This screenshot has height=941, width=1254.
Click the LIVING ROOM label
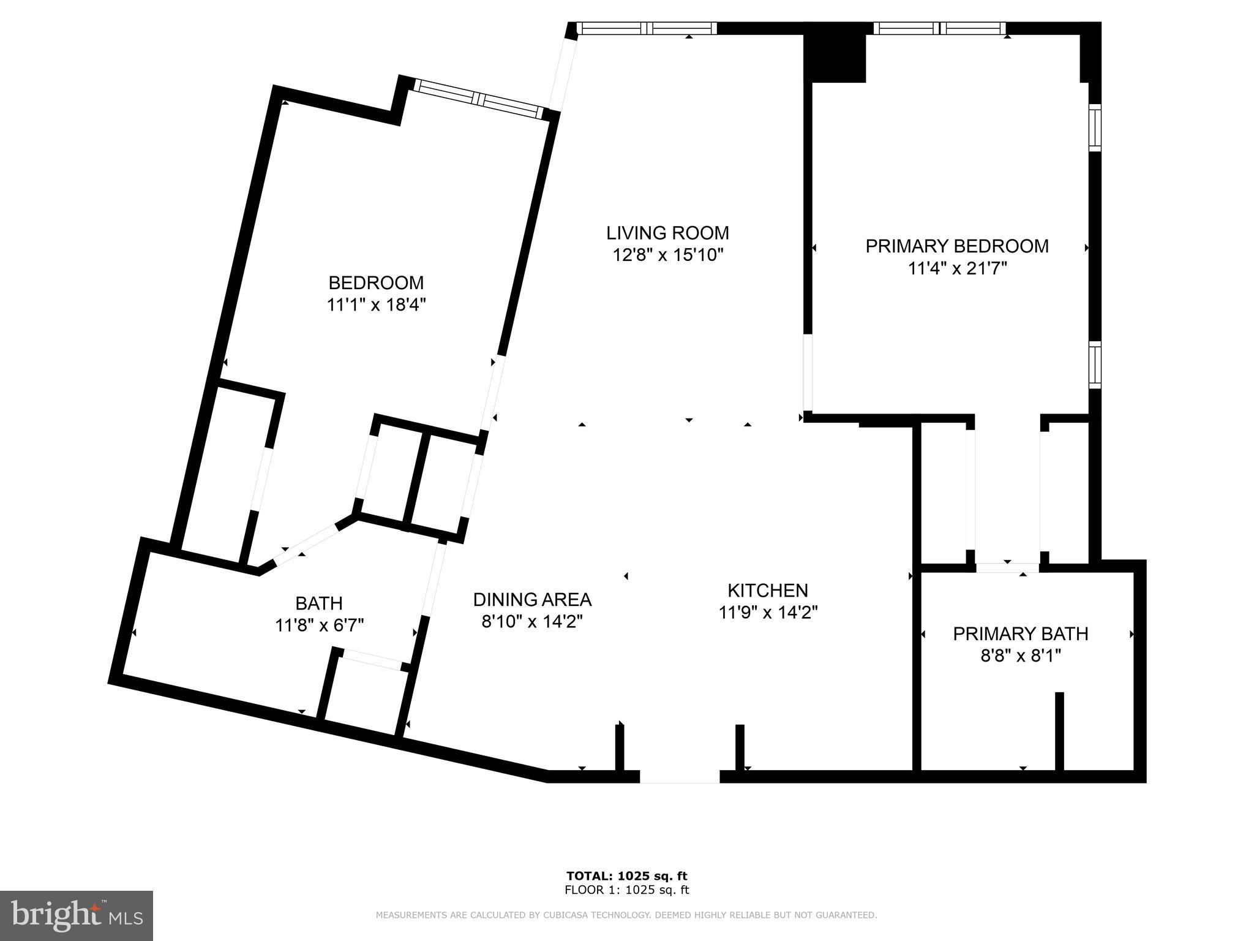pos(667,233)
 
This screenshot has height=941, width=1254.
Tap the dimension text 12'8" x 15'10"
pos(668,255)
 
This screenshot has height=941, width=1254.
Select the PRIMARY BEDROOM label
pos(956,246)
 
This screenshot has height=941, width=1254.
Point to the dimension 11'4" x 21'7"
pos(957,268)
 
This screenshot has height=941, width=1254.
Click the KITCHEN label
pos(768,591)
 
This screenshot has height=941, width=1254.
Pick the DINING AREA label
pos(532,599)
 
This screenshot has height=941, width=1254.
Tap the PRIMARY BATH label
pos(1020,634)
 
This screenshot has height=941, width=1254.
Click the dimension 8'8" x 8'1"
pos(1020,656)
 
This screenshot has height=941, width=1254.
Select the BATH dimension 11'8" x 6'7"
pos(319,625)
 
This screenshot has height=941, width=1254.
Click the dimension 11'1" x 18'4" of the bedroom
pos(376,304)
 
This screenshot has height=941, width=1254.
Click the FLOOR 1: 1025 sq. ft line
pos(627,890)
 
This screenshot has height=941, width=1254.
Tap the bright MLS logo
pos(77,916)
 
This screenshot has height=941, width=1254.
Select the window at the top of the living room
pos(647,28)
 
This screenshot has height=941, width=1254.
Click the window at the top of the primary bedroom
pos(940,28)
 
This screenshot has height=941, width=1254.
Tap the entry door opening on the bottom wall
pos(680,777)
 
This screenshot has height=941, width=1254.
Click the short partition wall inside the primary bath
pos(1059,731)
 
